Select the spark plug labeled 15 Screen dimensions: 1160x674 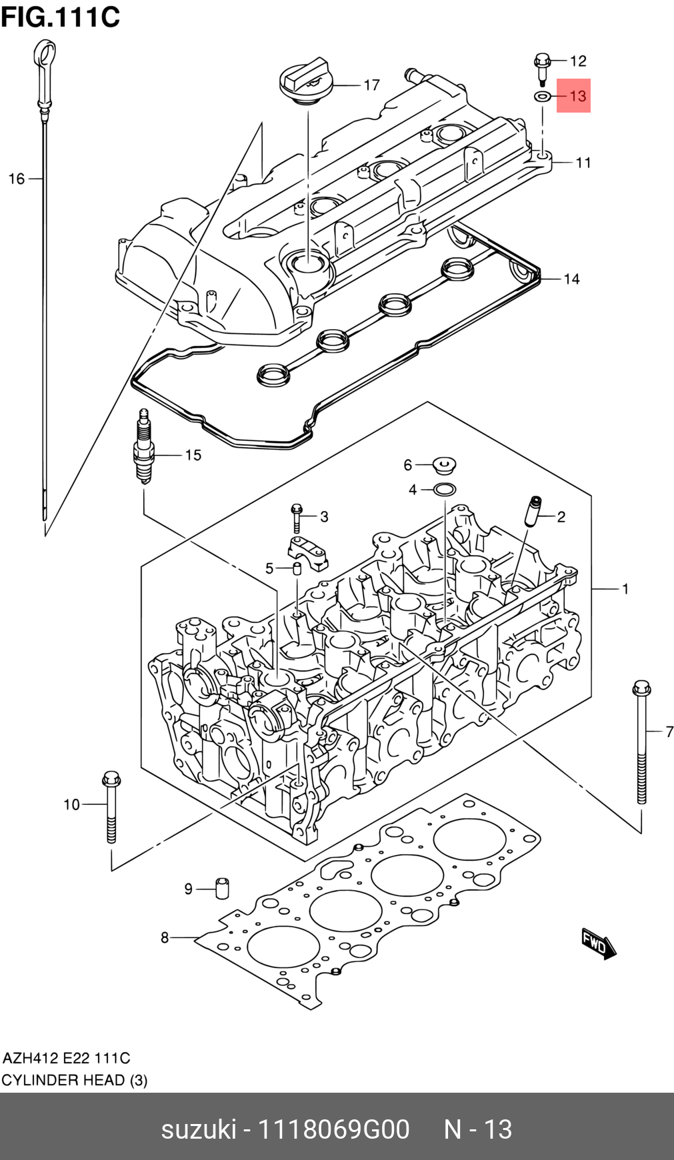(x=143, y=447)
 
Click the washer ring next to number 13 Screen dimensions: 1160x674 (x=543, y=97)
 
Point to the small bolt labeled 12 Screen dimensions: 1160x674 (x=541, y=67)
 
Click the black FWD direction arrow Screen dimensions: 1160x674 (x=598, y=943)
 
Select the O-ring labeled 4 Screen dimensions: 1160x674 (x=445, y=490)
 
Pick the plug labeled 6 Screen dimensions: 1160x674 (x=444, y=464)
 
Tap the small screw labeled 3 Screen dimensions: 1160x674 (x=297, y=518)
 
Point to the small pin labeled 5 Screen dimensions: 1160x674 (x=297, y=568)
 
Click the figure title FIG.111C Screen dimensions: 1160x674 (x=60, y=17)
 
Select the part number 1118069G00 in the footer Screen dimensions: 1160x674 (x=333, y=1129)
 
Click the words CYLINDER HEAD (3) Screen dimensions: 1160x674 (x=74, y=1080)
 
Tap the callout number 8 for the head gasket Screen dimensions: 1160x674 (x=165, y=937)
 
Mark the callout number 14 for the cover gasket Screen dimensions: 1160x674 (x=571, y=279)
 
